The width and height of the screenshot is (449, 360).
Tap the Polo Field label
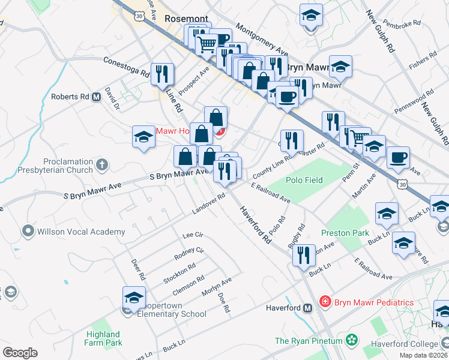(x=305, y=180)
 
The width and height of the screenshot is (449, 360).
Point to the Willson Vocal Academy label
(x=82, y=232)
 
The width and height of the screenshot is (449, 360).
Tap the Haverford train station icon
(x=308, y=308)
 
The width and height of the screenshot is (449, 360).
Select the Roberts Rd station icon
(x=96, y=97)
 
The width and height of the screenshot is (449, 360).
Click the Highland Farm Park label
(x=103, y=338)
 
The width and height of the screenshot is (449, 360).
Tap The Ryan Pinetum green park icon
(x=352, y=341)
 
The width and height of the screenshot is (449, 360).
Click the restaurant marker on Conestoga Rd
(x=162, y=74)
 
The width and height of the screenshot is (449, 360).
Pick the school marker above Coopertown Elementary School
(x=134, y=297)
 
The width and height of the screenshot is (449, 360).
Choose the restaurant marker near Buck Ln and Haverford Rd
(x=304, y=255)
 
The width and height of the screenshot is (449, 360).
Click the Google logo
(x=20, y=353)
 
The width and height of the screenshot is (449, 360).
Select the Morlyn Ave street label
(x=217, y=287)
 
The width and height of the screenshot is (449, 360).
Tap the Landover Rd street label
(x=208, y=205)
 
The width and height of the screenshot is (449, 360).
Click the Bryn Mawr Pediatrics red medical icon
(x=325, y=301)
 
